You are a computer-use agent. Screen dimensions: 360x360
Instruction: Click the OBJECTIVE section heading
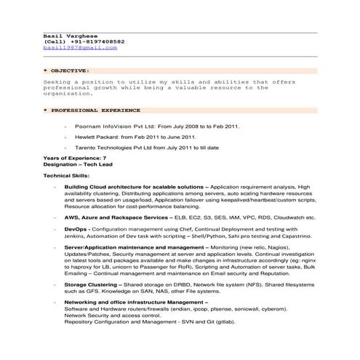(69, 71)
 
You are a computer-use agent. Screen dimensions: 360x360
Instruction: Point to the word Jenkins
(76, 237)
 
